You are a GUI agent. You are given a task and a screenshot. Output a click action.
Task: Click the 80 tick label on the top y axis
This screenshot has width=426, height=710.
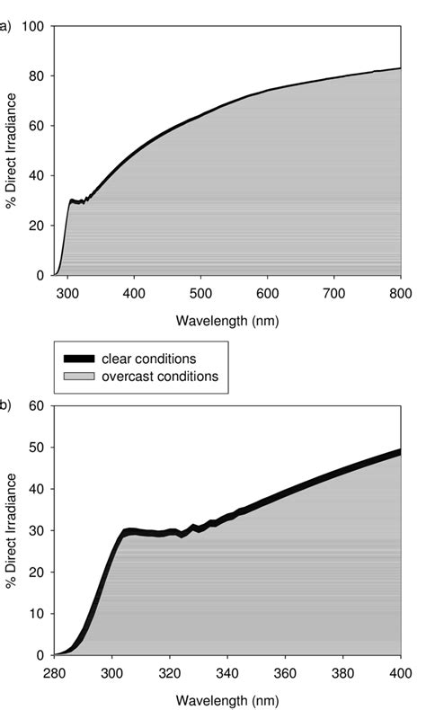[36, 76]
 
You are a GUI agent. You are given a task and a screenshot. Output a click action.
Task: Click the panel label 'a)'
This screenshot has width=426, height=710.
[5, 26]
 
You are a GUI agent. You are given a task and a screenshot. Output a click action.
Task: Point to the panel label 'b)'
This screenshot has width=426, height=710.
[5, 405]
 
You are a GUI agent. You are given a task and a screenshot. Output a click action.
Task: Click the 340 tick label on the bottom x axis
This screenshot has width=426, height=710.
[227, 672]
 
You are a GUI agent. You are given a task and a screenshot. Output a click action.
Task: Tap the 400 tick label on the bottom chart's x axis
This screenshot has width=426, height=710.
[401, 672]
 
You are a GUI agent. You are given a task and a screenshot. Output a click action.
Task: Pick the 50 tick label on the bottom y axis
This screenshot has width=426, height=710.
[36, 447]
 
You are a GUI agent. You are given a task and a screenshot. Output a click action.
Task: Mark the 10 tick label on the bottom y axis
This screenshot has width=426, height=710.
[36, 614]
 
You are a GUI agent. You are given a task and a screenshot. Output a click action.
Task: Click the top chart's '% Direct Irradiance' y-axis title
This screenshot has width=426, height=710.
[12, 151]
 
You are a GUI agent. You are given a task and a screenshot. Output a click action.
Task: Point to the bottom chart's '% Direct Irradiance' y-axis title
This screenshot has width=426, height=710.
[12, 530]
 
